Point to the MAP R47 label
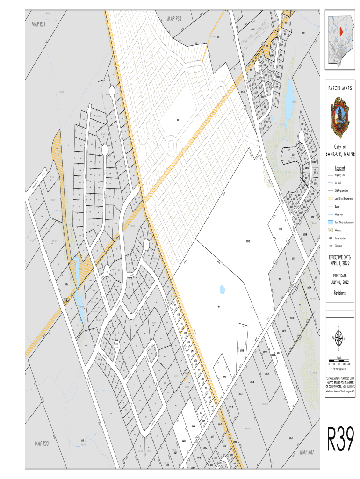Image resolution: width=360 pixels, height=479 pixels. click(307, 452)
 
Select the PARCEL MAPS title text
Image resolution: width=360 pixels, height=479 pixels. click(340, 89)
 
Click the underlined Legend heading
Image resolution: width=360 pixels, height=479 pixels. click(340, 167)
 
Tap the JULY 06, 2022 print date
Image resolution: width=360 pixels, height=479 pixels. click(340, 283)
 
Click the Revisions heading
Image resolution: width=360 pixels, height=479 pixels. click(340, 293)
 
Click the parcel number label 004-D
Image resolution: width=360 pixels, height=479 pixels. click(248, 241)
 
